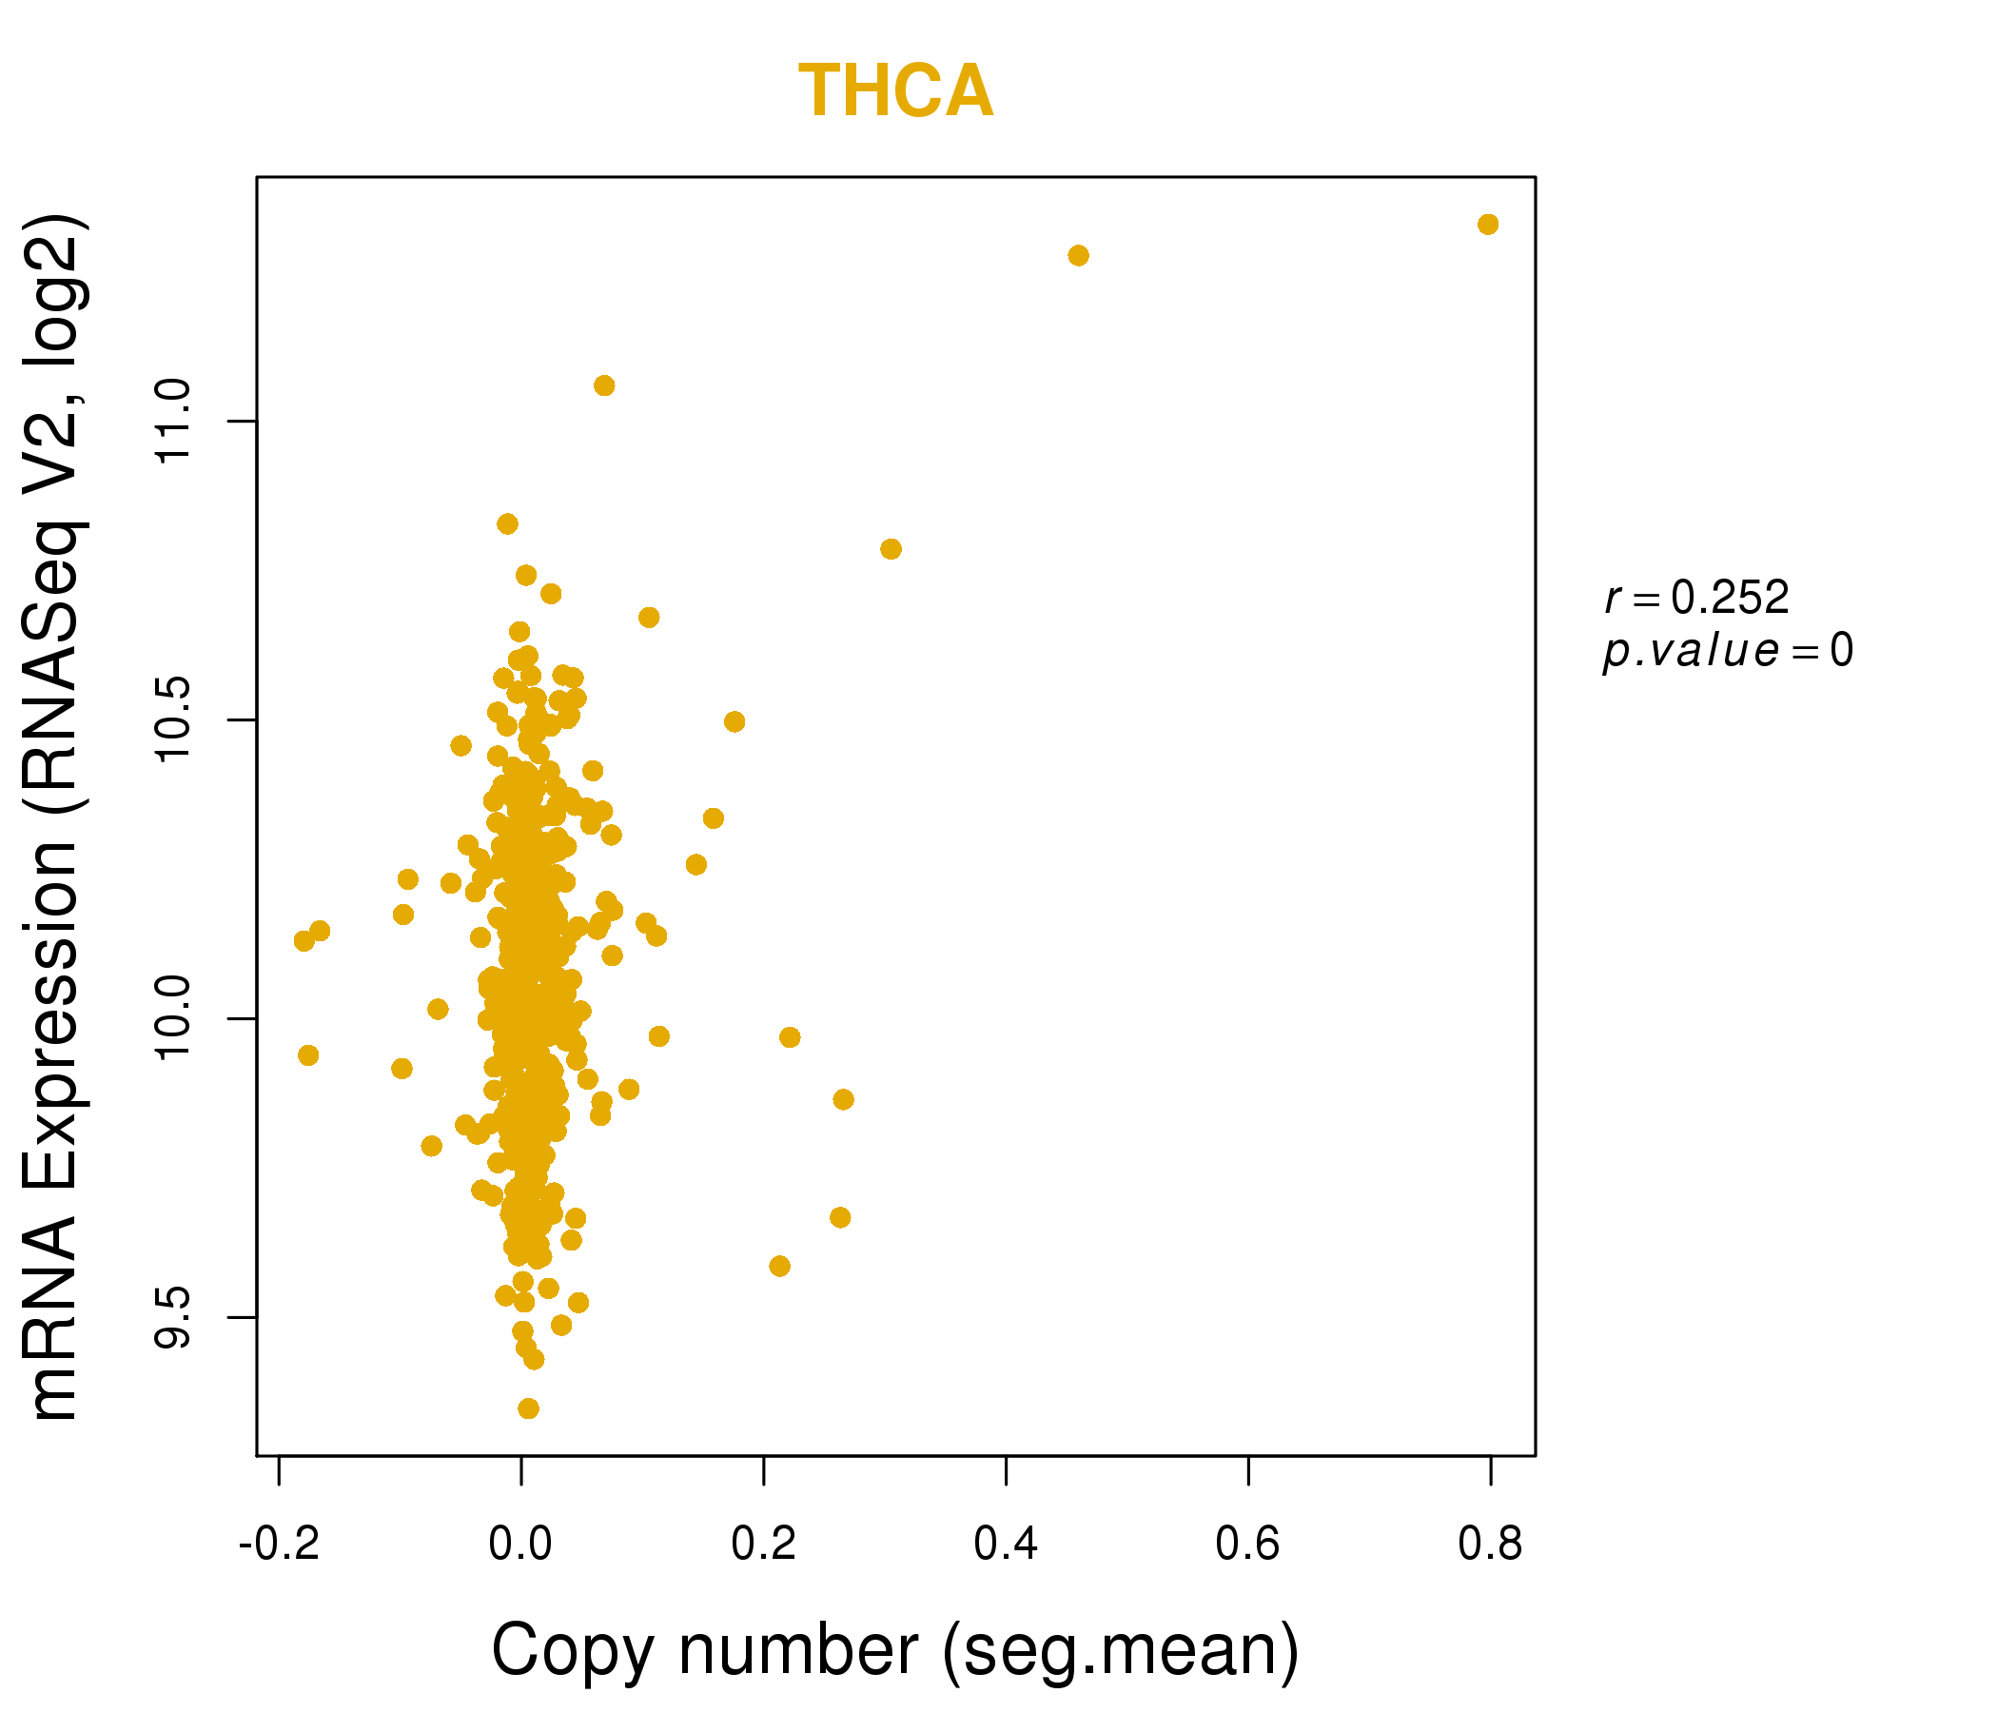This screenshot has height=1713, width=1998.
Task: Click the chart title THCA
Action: click(895, 91)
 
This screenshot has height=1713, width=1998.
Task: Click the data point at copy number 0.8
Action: click(1487, 225)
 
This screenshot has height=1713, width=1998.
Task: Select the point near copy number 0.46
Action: click(1078, 256)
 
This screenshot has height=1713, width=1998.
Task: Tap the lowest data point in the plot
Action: click(527, 1408)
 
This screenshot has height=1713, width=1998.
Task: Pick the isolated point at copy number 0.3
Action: click(890, 549)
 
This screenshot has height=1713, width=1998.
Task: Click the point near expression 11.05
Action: click(603, 385)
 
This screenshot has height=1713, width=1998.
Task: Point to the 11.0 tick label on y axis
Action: click(173, 422)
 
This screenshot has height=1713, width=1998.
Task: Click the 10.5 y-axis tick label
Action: click(173, 719)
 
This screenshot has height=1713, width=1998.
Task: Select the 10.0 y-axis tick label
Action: click(173, 1018)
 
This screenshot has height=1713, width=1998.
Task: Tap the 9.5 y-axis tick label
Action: click(173, 1316)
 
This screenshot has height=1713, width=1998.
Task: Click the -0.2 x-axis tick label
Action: click(279, 1544)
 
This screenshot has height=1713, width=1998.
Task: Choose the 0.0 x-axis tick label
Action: click(520, 1544)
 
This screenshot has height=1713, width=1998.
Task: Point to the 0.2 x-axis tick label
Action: click(763, 1544)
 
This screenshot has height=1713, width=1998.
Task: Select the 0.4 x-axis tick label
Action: click(1006, 1544)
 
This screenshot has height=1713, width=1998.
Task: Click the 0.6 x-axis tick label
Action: click(1247, 1544)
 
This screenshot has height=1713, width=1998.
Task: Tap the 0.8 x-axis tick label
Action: click(1490, 1544)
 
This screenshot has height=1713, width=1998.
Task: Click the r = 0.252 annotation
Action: click(1696, 598)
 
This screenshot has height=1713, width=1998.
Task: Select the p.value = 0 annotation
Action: click(1727, 651)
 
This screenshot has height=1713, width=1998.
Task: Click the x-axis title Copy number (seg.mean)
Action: click(895, 1650)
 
